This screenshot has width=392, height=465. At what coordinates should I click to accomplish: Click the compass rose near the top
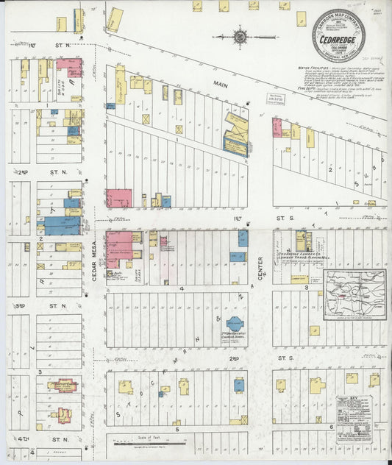tap(241, 34)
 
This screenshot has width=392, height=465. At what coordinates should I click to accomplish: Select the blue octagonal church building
tap(235, 324)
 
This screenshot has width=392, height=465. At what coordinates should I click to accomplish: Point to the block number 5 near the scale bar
tap(177, 428)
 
